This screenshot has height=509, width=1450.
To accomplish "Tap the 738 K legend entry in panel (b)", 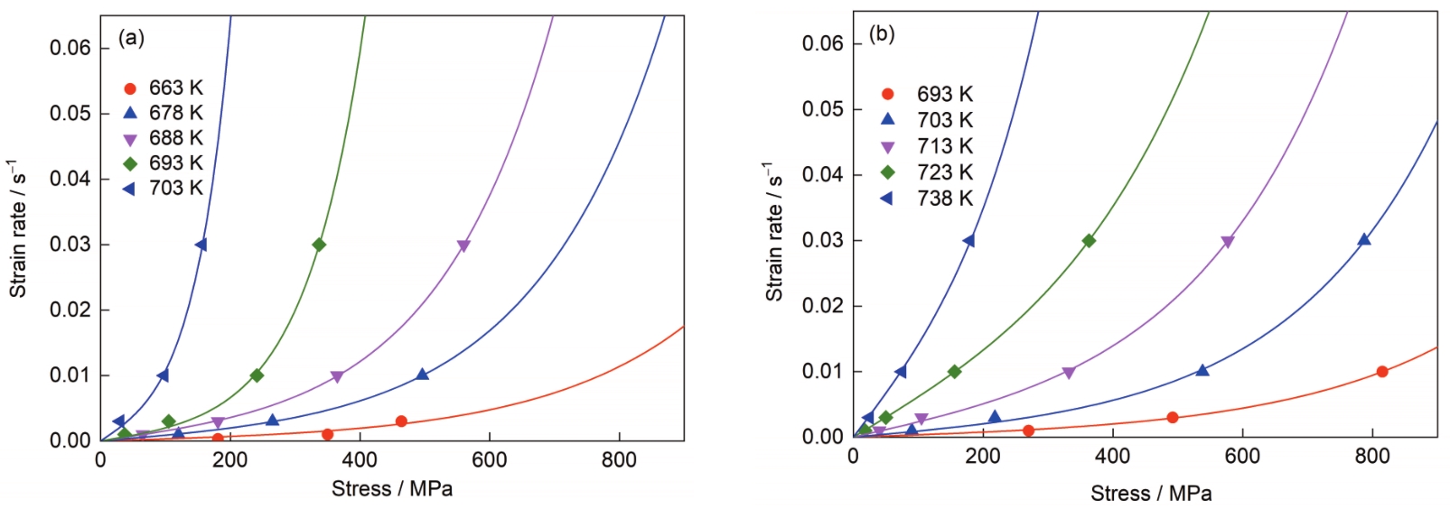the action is coord(927,199).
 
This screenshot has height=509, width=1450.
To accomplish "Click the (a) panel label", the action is coord(131,39).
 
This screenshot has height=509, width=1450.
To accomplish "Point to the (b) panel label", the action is coord(882,34).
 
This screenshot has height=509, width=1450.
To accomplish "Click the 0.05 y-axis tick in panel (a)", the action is coord(70,113).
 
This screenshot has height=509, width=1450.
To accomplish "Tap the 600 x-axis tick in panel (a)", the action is coord(490,460).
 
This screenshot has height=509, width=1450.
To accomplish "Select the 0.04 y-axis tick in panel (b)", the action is coord(823,174).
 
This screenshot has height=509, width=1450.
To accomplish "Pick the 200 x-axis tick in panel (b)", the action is coord(983,456).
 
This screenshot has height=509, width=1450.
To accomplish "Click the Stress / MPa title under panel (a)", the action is coord(391,489).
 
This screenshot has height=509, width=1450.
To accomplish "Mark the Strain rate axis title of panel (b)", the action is coord(774,232).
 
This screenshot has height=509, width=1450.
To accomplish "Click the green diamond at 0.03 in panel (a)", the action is coord(319,245).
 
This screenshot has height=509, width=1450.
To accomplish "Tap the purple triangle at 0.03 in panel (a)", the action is coord(463,245).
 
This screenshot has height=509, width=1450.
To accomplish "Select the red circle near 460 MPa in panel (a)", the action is coord(401,421).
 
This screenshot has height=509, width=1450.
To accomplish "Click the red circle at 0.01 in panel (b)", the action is coord(1382,371).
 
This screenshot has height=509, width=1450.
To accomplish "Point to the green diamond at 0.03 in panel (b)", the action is coord(1089,241).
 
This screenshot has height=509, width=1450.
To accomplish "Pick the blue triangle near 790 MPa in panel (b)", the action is coord(1364,239).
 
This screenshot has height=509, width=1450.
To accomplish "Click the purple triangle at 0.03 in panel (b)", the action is coord(1228,242).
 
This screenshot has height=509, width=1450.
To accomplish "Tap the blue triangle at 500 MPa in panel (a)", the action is coord(422,374).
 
